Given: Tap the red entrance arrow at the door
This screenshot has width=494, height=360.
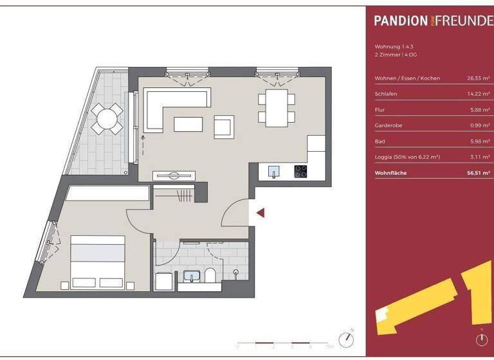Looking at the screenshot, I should point(260,213).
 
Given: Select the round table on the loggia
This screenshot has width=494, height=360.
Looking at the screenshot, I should point(107,118).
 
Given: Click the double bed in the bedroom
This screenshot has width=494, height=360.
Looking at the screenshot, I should point(97,262).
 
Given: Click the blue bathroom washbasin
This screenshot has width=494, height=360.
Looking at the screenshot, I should point(192,276).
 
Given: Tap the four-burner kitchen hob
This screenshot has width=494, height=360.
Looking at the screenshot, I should point(300,171).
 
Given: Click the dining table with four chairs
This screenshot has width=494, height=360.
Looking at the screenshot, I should point(277,108).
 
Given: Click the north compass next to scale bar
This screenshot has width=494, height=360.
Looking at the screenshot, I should point(348,338).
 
